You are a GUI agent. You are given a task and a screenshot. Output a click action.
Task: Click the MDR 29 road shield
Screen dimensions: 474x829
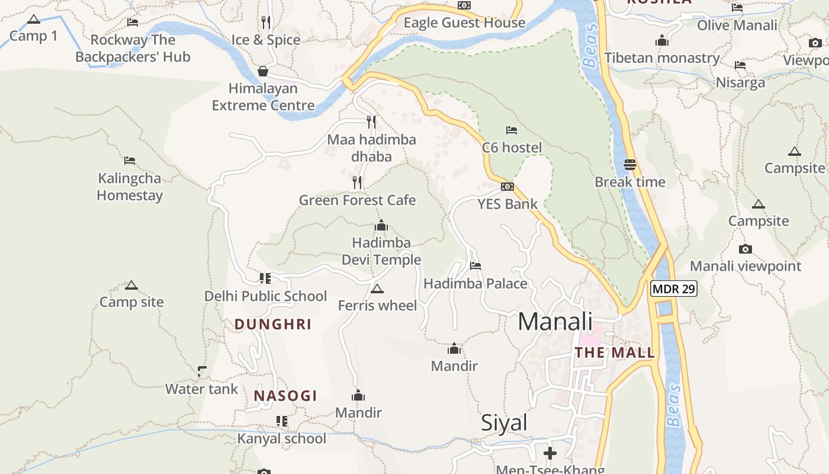coord(674,289)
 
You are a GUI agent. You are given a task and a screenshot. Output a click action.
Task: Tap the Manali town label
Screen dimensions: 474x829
coord(555,322)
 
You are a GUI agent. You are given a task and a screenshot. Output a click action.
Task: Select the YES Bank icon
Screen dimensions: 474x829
coord(507,187)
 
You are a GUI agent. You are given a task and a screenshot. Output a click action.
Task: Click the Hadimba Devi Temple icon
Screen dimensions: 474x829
coord(381,226)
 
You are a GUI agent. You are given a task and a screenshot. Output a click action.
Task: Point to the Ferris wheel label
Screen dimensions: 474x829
coord(377,306)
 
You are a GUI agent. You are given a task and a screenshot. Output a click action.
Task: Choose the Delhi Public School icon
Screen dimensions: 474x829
coord(265,278)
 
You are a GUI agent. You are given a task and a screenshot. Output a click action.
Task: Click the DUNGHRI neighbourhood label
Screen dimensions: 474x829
coord(273,325)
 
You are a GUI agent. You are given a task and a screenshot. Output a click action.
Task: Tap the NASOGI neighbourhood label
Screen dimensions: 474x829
coord(285,396)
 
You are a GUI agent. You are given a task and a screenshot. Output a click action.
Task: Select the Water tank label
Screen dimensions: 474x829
coord(201,389)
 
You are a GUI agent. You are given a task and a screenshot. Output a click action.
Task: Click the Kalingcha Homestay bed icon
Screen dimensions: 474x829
coord(130,160)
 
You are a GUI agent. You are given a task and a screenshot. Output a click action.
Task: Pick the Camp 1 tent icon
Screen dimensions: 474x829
coord(34,19)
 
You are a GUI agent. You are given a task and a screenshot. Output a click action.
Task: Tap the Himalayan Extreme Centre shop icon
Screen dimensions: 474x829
coord(263,72)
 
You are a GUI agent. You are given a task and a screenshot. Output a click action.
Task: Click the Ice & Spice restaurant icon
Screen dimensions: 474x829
coord(266,23)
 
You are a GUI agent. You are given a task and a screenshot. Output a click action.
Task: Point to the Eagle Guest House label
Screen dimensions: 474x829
coord(464,23)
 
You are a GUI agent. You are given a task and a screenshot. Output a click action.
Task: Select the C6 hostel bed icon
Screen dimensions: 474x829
coord(512,130)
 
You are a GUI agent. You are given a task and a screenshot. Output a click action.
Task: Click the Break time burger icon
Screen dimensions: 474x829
coord(630,164)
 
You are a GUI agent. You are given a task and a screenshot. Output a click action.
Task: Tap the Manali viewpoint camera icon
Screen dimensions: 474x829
coord(746,249)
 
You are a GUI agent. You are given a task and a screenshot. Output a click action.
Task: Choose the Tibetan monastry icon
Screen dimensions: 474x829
coord(662,41)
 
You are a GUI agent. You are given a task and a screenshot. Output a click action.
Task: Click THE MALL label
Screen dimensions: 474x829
coord(615,353)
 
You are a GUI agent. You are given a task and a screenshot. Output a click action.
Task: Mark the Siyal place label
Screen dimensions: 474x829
coord(504,423)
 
